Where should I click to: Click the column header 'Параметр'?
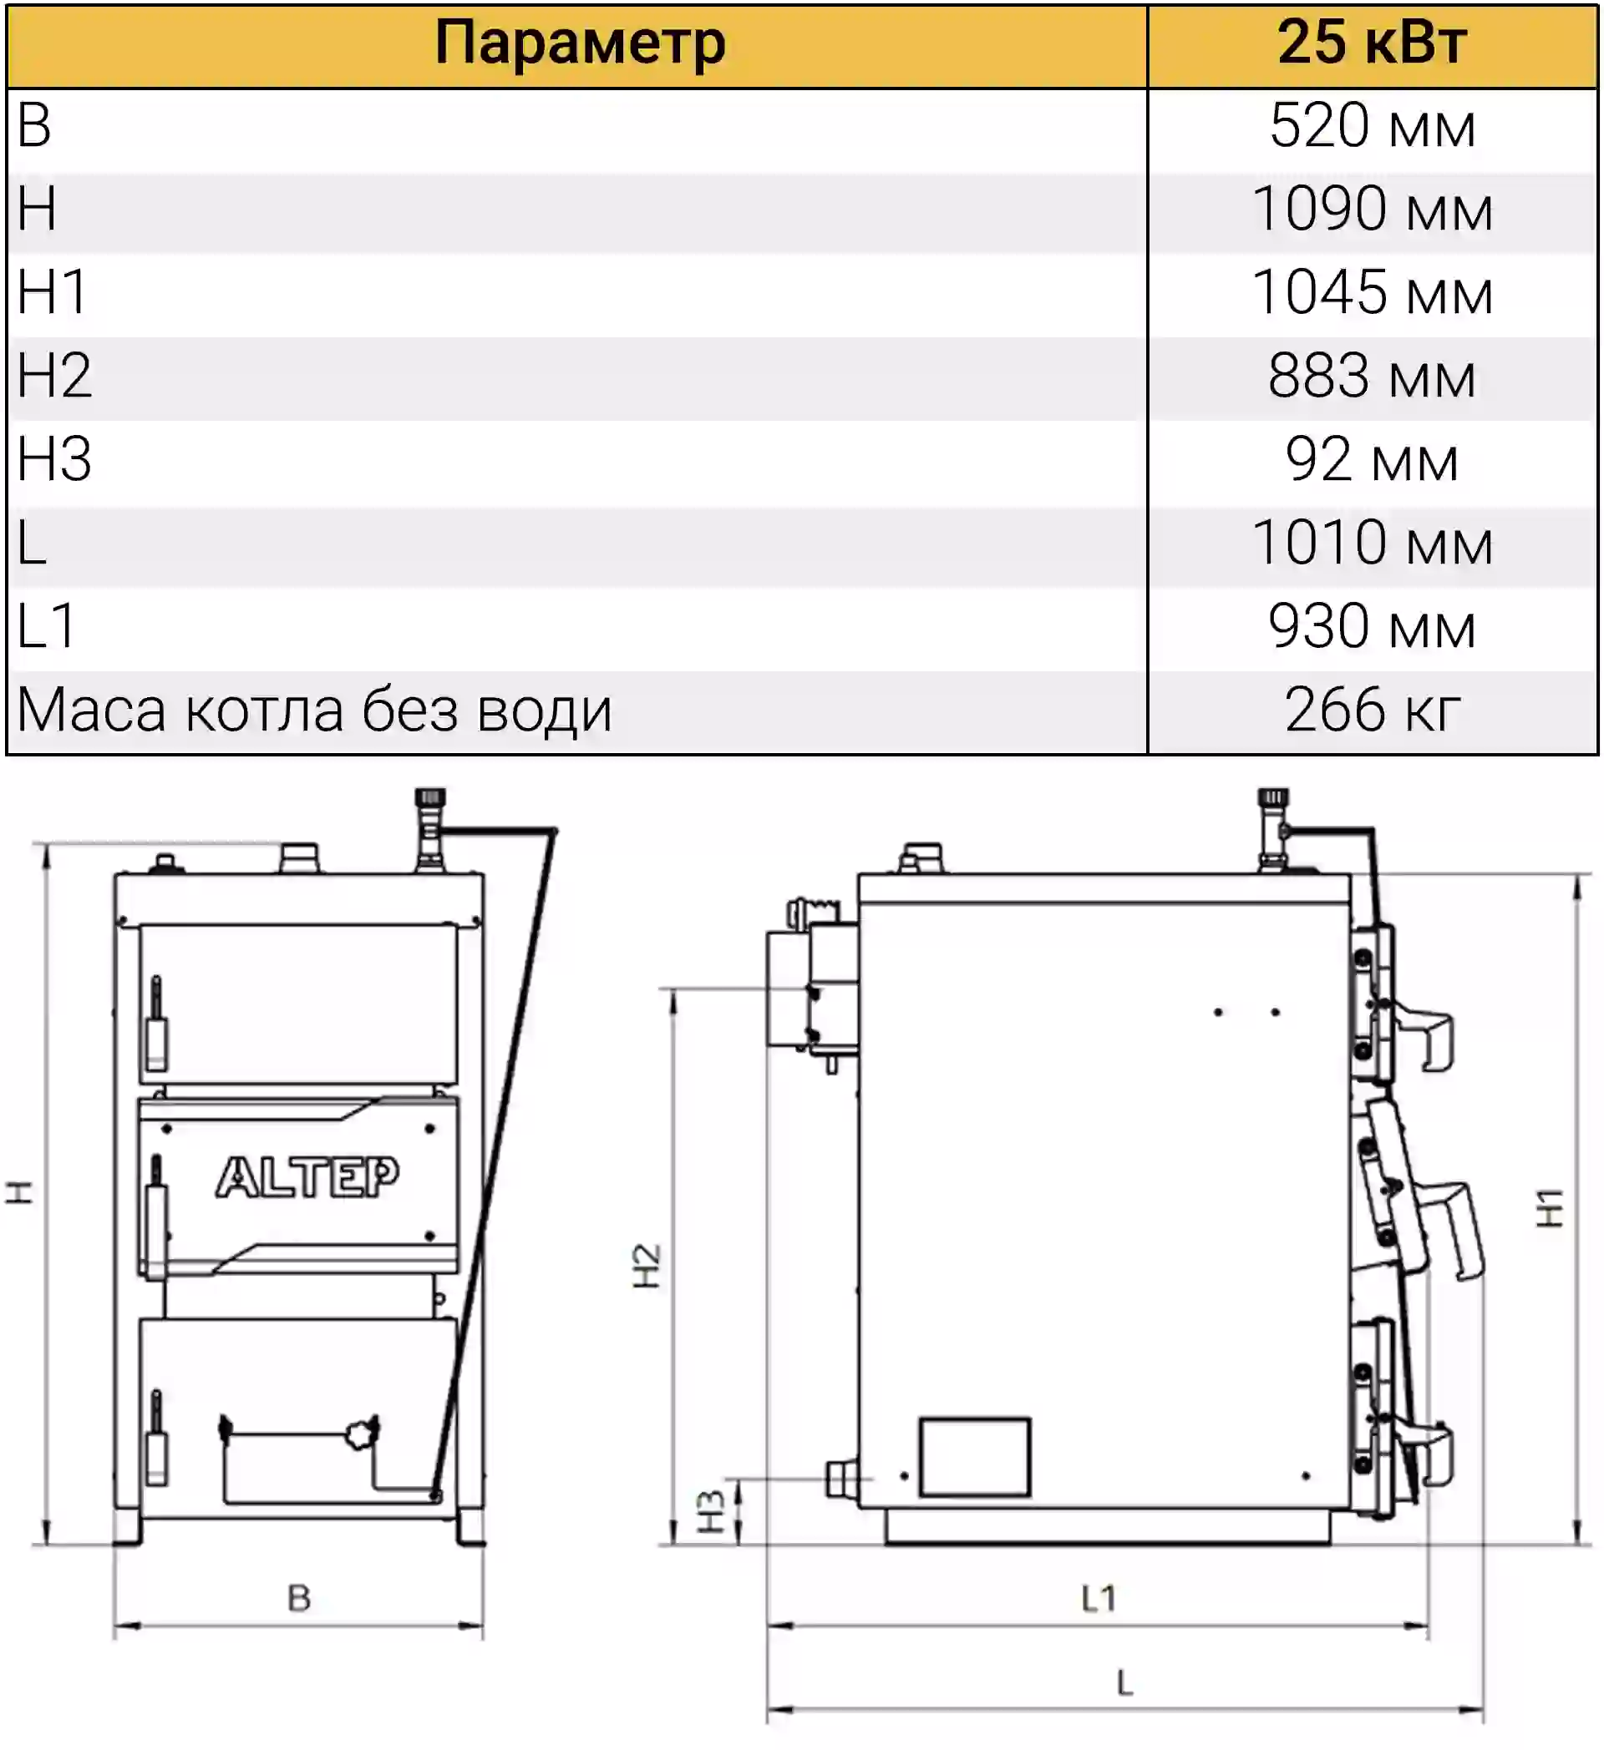pos(579,43)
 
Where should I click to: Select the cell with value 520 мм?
pos(1372,126)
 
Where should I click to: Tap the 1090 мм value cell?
pos(1372,210)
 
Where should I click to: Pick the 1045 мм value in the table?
pos(1372,292)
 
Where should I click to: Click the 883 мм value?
pos(1372,376)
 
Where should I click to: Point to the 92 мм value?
pos(1372,459)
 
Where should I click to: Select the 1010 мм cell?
pos(1372,543)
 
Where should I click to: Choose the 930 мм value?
pos(1372,626)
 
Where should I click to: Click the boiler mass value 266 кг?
pos(1372,710)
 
